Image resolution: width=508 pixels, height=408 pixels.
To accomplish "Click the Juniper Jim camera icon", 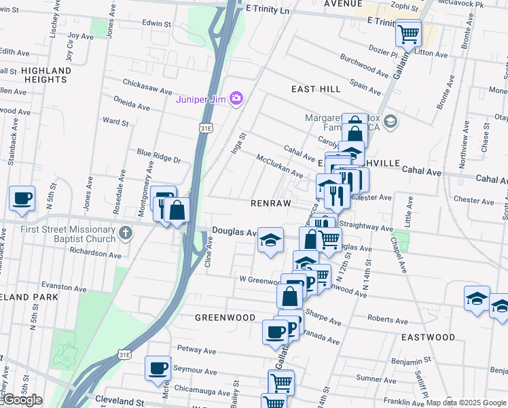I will (x=236, y=99).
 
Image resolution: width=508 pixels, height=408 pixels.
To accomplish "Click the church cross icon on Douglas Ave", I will (x=125, y=233).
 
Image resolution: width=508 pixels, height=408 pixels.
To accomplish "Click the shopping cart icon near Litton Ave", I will (x=408, y=32).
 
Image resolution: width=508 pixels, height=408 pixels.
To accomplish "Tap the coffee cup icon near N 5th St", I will (x=22, y=199).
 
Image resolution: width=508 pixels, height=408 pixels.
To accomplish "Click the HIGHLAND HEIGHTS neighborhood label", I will (x=46, y=75).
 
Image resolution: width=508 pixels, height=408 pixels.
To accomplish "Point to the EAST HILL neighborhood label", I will (x=316, y=89).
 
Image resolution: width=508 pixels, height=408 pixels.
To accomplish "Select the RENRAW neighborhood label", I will (x=270, y=203).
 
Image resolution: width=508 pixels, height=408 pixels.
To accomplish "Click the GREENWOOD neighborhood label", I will (x=225, y=318).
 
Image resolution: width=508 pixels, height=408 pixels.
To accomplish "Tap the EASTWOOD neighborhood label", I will (x=428, y=337).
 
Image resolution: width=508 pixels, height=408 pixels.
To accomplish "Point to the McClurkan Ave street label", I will (x=279, y=165).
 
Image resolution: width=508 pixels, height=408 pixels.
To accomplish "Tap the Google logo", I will (x=22, y=400).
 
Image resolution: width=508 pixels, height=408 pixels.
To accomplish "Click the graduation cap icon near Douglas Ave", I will (x=270, y=240).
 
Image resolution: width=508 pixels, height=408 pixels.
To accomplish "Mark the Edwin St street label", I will (x=157, y=23).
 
